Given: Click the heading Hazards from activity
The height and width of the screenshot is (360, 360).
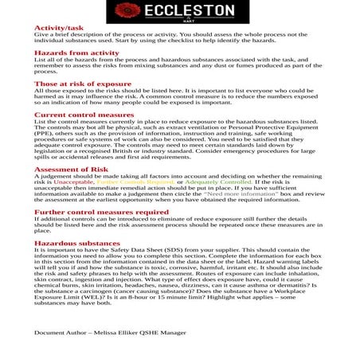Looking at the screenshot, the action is (x=76, y=53).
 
